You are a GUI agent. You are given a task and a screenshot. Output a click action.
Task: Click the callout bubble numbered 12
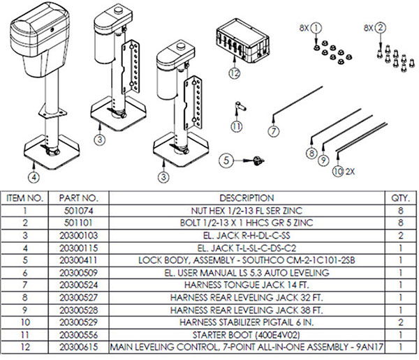coord(233,72)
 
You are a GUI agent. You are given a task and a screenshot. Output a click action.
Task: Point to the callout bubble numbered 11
coord(237,126)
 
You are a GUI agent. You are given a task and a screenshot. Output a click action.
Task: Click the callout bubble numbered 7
coord(274,130)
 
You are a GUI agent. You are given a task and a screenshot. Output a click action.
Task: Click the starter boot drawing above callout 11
coord(239,105)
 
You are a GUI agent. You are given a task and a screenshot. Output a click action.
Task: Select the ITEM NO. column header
coord(27,197)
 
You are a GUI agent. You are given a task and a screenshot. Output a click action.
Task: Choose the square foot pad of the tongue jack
coord(56,154)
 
